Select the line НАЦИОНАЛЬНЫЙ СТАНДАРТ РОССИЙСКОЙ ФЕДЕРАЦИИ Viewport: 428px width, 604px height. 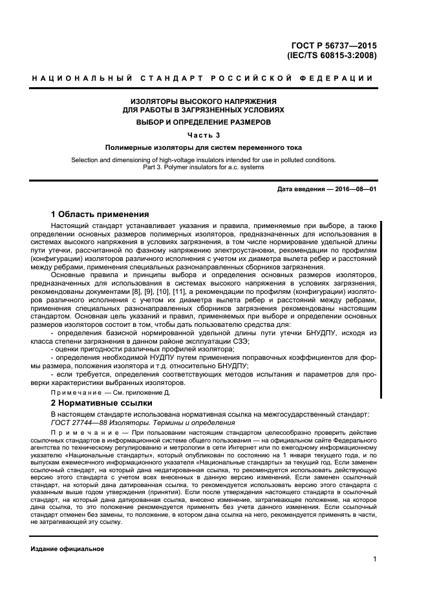[x=202, y=79]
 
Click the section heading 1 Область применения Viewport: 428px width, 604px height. [x=100, y=214]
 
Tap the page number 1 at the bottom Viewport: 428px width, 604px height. [x=374, y=560]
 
